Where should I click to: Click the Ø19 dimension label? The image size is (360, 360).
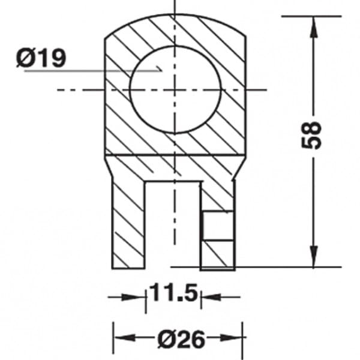click(x=41, y=58)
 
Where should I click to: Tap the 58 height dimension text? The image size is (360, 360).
click(x=311, y=136)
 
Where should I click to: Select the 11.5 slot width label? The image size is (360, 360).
click(x=173, y=293)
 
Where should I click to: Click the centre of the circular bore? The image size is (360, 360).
click(x=175, y=89)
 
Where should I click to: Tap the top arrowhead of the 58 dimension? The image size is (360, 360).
click(x=314, y=26)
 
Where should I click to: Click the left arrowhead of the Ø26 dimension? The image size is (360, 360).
click(x=125, y=337)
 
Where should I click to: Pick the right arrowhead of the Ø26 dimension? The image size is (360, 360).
click(x=232, y=337)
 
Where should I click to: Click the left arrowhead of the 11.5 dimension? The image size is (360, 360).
click(x=134, y=297)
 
